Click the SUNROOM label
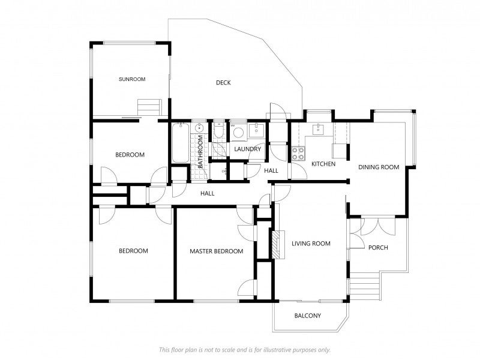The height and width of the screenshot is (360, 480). point(132,79)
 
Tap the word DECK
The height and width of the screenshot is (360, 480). point(223,83)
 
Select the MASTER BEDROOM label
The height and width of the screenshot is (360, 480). point(217,251)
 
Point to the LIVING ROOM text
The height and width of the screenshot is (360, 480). point(311,244)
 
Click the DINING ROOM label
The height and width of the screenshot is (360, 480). point(379,167)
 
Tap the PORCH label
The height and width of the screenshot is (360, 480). point(378,247)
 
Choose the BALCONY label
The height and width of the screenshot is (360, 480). point(308,316)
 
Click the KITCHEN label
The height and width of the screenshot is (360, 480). point(323,164)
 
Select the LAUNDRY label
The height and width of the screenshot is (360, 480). point(247,149)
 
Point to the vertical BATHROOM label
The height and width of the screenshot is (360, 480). point(200,152)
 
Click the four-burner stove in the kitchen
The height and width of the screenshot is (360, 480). point(298,154)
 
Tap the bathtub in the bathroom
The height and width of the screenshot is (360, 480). point(181,143)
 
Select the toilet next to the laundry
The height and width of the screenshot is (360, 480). point(218,130)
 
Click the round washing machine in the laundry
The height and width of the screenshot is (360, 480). point(238,133)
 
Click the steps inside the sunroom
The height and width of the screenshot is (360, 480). point(149,107)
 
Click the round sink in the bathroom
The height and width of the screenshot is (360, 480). point(200,127)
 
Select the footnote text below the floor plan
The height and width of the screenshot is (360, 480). point(245,350)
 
